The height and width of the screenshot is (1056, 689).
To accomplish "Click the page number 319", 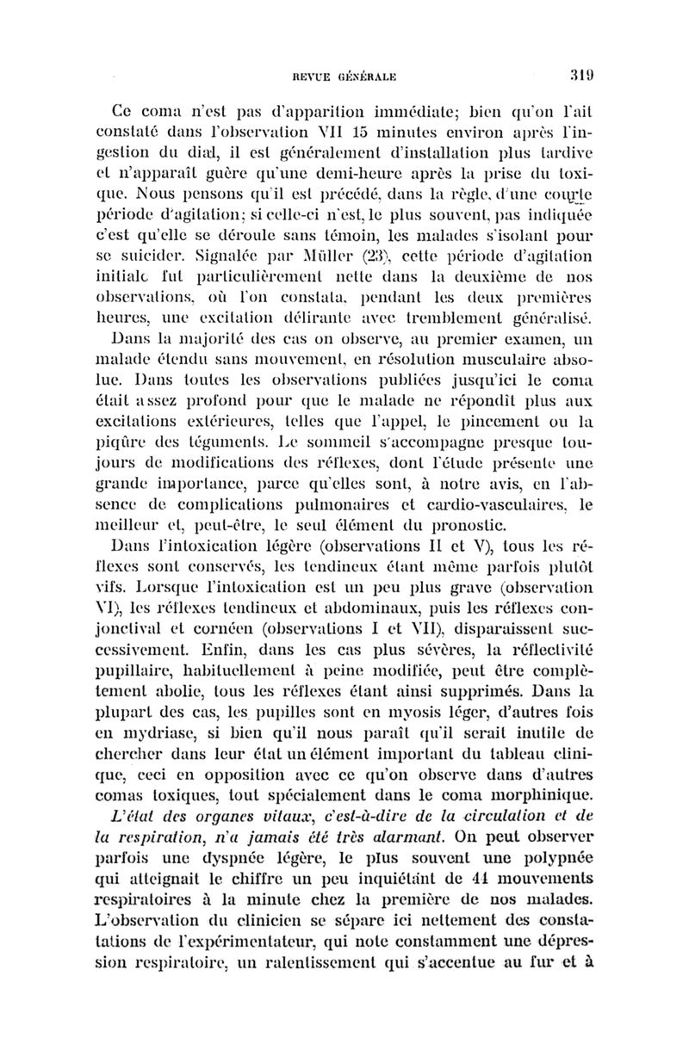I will [580, 76].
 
